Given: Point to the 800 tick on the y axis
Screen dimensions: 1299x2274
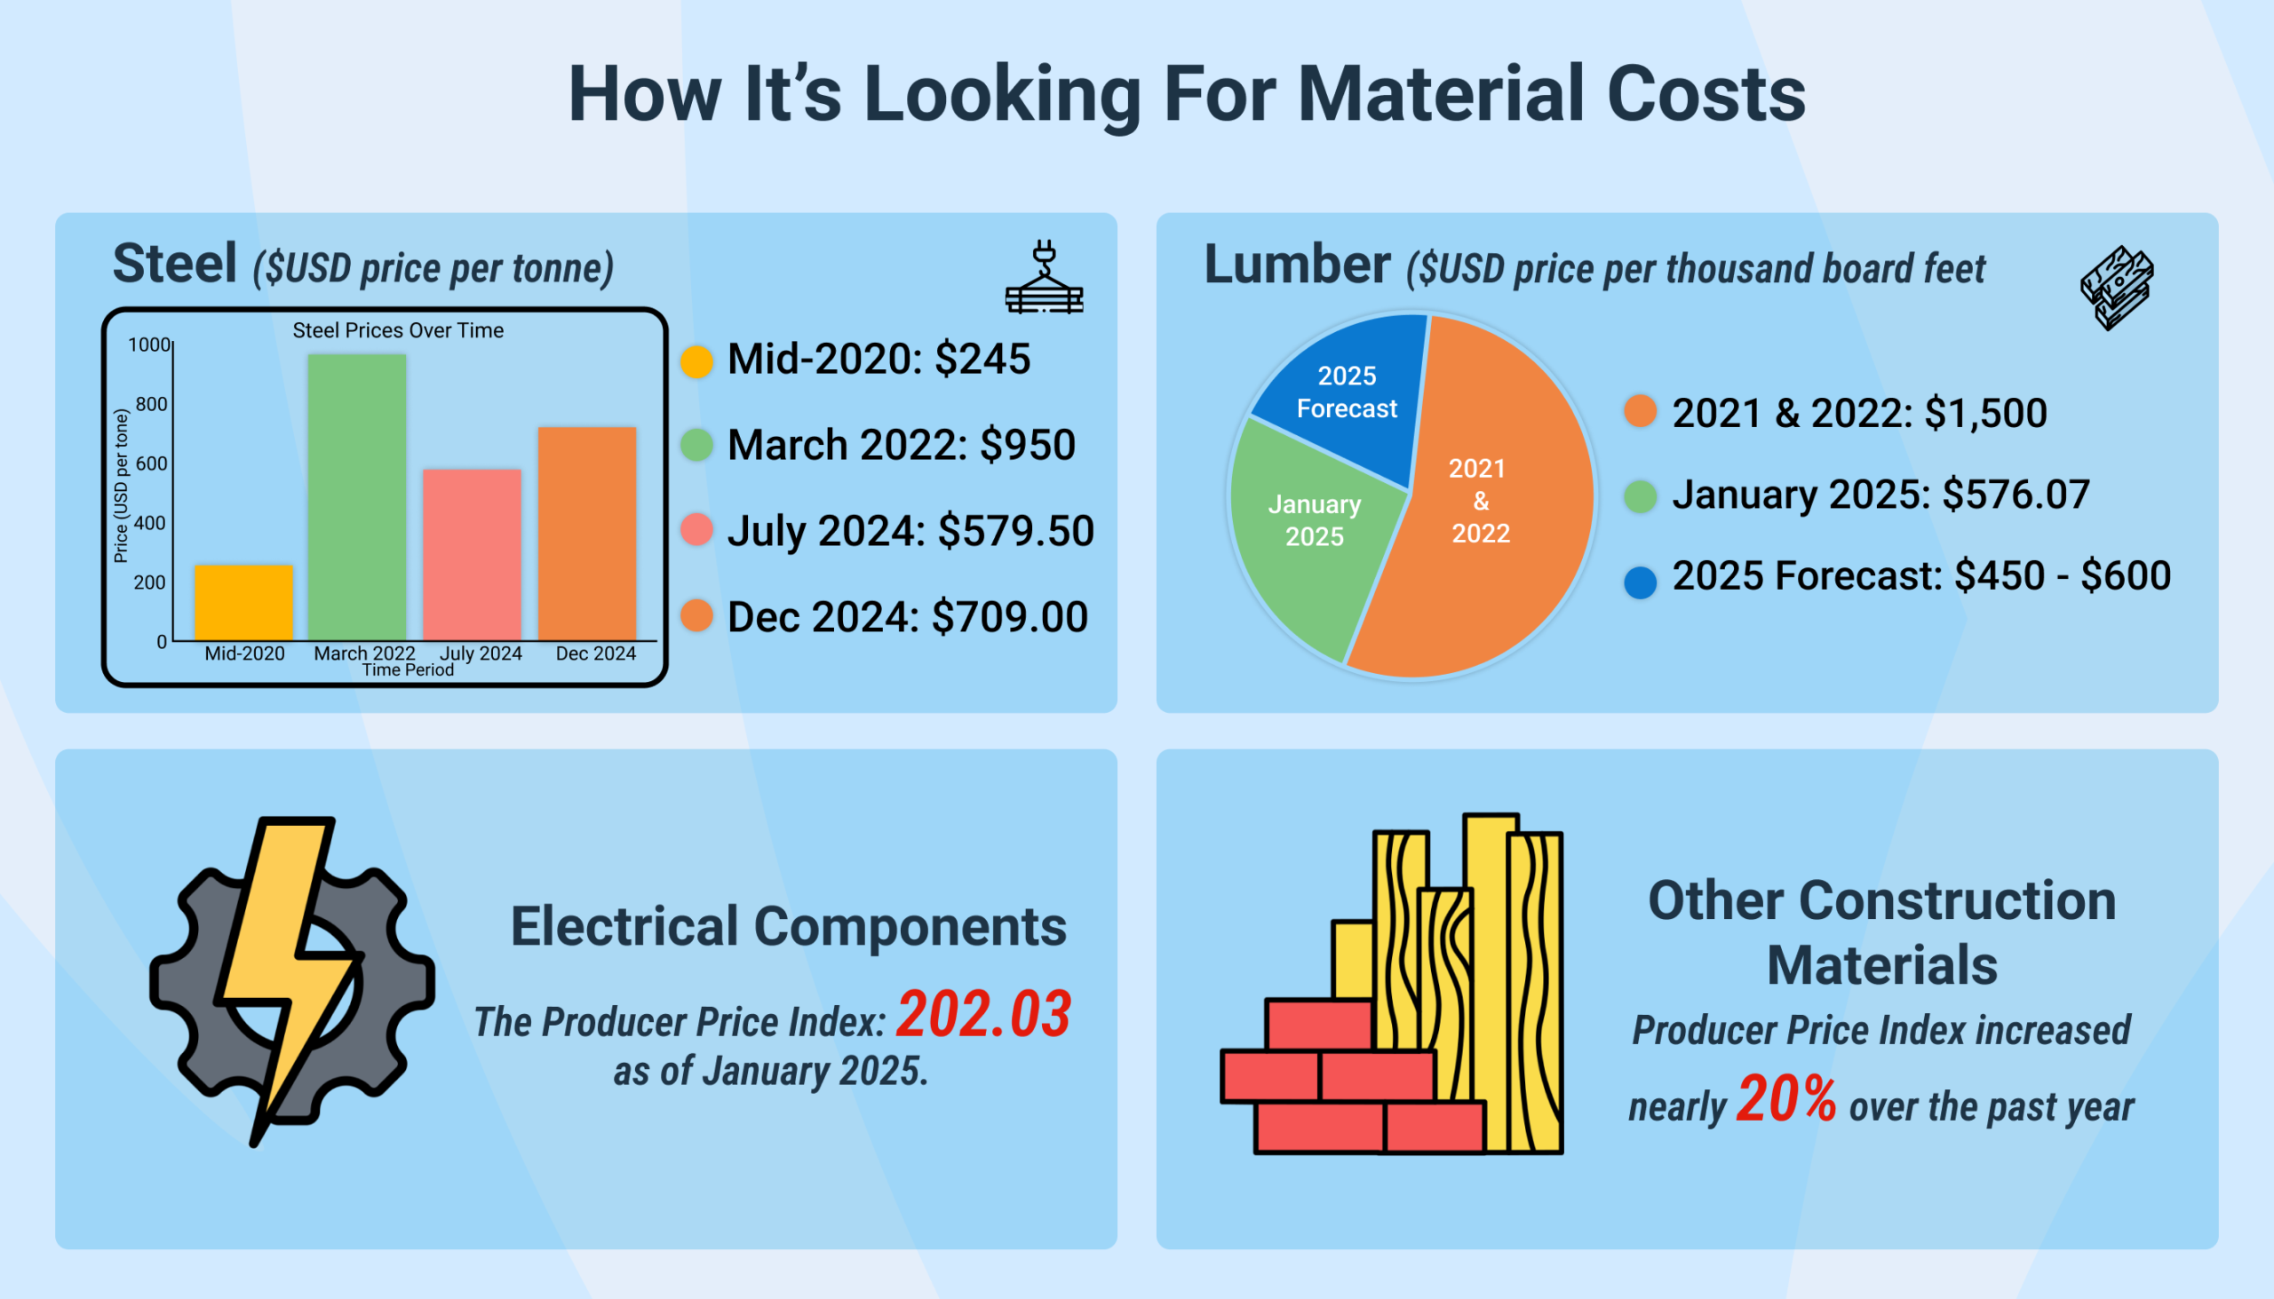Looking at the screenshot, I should [152, 404].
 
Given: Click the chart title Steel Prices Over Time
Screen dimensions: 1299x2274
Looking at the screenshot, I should [398, 330].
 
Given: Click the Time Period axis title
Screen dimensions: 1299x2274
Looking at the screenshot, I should [408, 670].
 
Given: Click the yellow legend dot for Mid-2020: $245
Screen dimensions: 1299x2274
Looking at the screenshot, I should [696, 361].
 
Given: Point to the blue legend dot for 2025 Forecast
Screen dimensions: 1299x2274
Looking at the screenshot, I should [1640, 582].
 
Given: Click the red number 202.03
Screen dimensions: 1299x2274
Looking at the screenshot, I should [982, 1014].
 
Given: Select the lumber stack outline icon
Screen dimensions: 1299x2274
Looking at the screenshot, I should [2117, 288].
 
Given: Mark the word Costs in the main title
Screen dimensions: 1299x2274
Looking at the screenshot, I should [1705, 95].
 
